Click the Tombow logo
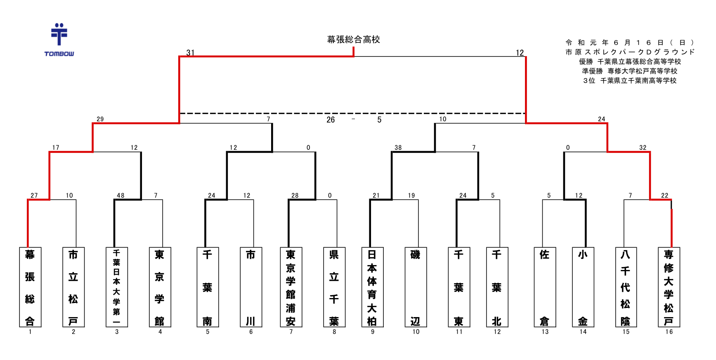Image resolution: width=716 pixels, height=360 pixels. tap(59, 40)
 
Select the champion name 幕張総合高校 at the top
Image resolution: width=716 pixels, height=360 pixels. tap(353, 40)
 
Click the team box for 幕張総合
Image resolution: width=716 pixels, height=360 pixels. tap(30, 287)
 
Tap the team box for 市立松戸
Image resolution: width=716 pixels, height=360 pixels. tap(73, 287)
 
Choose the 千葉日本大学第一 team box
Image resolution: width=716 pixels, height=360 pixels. tap(117, 287)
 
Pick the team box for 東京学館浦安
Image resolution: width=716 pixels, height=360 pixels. tap(291, 287)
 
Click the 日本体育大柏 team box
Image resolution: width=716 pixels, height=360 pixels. tap(372, 287)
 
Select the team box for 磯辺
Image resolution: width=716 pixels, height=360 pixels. tap(416, 287)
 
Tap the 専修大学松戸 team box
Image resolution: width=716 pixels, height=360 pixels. tap(669, 287)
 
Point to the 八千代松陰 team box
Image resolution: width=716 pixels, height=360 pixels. tap(626, 287)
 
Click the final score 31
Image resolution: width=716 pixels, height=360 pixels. tap(190, 52)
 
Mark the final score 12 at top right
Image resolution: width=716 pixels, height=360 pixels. tap(520, 52)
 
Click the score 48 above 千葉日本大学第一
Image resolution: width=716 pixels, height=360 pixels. tap(121, 195)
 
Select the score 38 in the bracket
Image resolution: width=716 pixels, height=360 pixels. tap(398, 147)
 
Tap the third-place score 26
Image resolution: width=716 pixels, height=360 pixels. tap(331, 120)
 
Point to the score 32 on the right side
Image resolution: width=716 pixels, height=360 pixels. tap(643, 147)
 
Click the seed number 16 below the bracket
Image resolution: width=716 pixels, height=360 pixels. tap(669, 332)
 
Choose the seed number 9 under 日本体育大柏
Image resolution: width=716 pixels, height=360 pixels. tap(372, 332)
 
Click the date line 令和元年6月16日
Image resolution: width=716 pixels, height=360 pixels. tap(630, 43)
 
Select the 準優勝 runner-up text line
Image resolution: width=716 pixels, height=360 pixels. tap(630, 71)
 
